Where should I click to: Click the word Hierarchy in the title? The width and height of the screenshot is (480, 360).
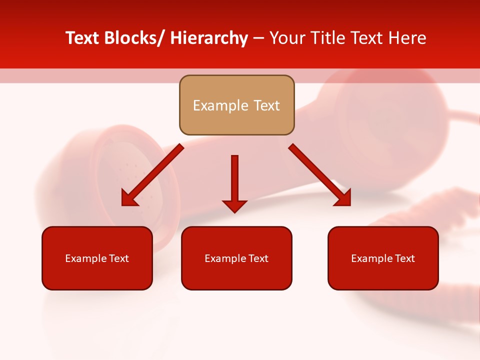point(209,38)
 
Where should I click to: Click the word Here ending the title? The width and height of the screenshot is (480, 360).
point(407,38)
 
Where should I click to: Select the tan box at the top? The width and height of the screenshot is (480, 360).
point(236,105)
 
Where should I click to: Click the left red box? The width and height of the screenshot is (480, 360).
point(97,258)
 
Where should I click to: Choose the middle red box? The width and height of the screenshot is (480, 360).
point(236,258)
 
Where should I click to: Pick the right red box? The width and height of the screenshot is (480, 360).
point(383,258)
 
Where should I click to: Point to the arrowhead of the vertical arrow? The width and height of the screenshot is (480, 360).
point(234,205)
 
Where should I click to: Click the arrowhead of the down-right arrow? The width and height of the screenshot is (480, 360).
point(343,198)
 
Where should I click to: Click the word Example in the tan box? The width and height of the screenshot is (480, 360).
point(216,105)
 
